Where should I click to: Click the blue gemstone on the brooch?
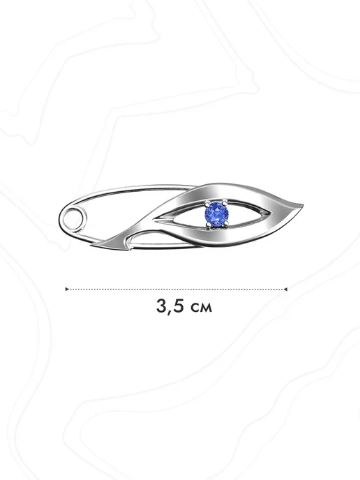tap(216, 213)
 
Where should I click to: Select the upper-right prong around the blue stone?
tap(225, 202)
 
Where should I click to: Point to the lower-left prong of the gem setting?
tap(209, 225)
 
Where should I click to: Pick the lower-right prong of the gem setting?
tap(226, 225)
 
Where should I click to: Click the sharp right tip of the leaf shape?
tap(303, 205)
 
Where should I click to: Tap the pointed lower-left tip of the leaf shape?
tap(93, 245)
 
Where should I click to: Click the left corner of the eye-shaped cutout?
tap(153, 219)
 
